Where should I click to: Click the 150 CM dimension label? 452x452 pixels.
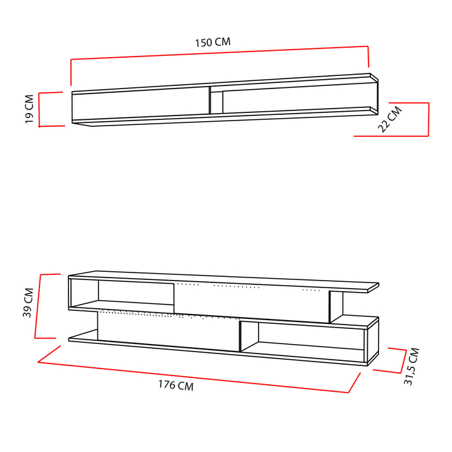click(213, 43)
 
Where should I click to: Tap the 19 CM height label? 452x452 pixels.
click(30, 109)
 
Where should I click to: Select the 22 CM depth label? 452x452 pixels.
click(390, 119)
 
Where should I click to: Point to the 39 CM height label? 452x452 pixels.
click(28, 303)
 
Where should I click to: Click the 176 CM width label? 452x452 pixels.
click(176, 385)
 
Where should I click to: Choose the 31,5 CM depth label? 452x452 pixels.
click(412, 367)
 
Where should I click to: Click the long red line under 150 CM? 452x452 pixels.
click(220, 53)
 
